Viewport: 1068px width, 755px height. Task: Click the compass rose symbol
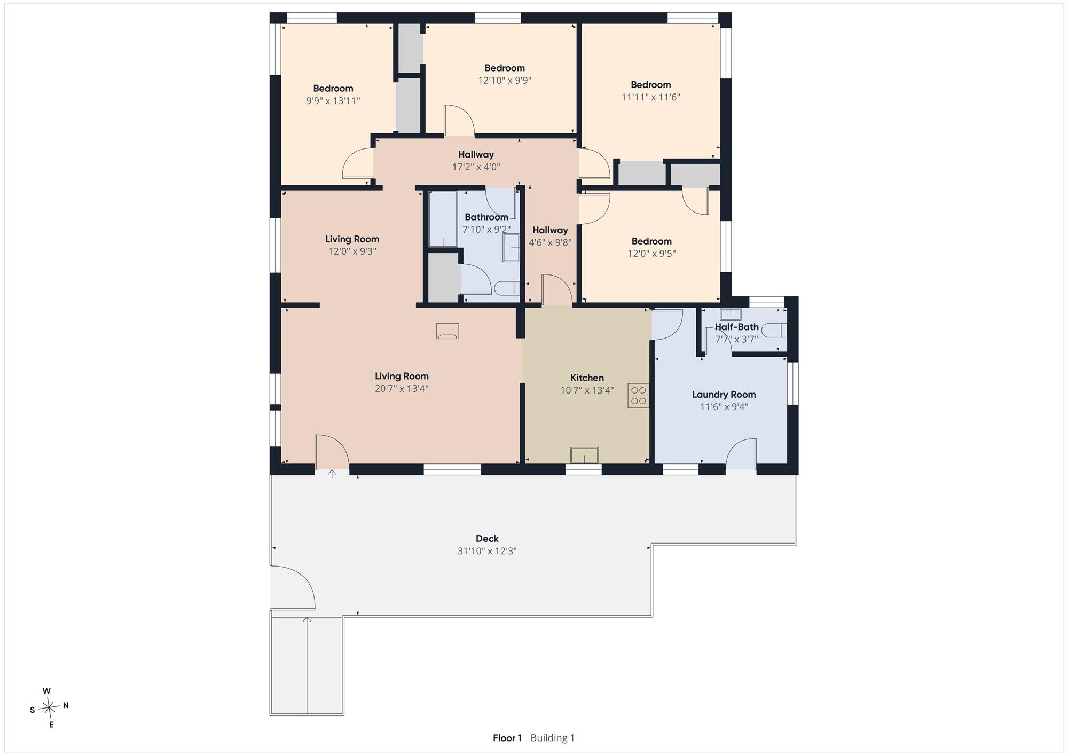click(49, 708)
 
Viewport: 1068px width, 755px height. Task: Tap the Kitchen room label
click(587, 377)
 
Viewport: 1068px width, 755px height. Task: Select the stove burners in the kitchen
click(639, 396)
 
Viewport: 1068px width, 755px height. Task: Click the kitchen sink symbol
click(584, 455)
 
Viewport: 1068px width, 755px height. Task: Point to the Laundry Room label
click(724, 395)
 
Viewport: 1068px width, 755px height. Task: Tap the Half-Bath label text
click(737, 327)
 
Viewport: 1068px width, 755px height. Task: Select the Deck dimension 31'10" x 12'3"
click(487, 551)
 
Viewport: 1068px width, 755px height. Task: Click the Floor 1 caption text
click(507, 738)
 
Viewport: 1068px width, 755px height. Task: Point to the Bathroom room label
click(486, 217)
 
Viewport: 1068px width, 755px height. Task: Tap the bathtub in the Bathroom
click(443, 218)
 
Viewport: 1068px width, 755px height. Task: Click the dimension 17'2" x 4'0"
click(476, 167)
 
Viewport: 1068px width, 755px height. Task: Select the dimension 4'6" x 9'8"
click(550, 242)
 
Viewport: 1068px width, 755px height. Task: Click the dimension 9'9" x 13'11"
click(333, 101)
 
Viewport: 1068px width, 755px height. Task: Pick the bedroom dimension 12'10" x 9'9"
click(505, 81)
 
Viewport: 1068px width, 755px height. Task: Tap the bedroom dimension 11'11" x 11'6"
click(650, 97)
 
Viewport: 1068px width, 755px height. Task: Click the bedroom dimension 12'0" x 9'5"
click(651, 254)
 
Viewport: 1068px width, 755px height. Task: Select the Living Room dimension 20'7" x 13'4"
click(402, 389)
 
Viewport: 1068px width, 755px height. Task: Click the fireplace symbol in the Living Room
click(447, 331)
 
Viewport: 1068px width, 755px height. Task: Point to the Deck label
click(487, 539)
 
